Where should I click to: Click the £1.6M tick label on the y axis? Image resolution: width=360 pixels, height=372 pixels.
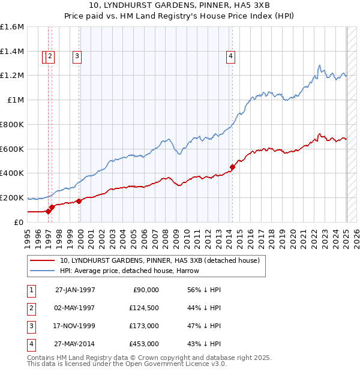pyautogui.click(x=12, y=27)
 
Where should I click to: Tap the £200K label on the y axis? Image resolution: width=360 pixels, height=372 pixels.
pyautogui.click(x=12, y=197)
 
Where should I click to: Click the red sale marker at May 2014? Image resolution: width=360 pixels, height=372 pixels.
pyautogui.click(x=233, y=167)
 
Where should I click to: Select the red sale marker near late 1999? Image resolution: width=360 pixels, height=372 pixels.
pyautogui.click(x=79, y=201)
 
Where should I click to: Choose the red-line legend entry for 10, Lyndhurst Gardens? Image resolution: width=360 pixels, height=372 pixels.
pyautogui.click(x=159, y=260)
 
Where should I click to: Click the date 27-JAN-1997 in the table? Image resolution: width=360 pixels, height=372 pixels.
pyautogui.click(x=75, y=289)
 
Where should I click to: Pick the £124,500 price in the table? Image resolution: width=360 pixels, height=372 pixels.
pyautogui.click(x=144, y=307)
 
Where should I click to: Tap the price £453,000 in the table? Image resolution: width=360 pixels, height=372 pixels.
pyautogui.click(x=144, y=344)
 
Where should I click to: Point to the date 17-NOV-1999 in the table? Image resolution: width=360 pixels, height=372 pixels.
pyautogui.click(x=75, y=326)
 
